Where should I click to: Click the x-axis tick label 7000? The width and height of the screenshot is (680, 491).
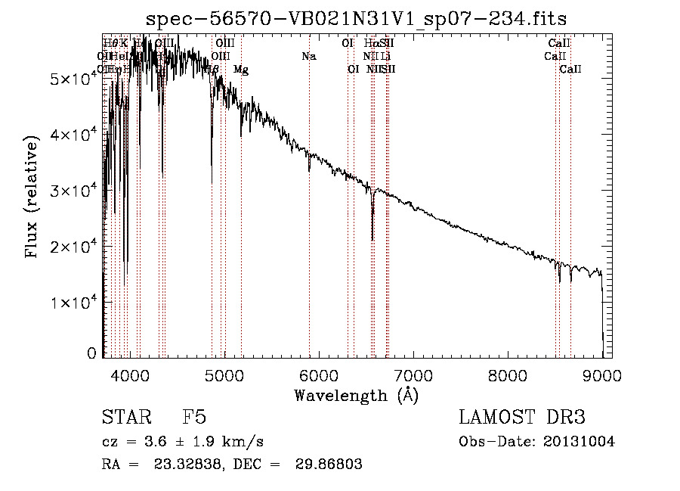tap(413, 376)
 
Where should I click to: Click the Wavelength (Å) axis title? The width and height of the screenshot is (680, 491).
tap(356, 395)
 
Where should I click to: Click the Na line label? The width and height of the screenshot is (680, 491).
tap(308, 57)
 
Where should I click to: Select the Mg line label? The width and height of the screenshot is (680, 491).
tap(240, 70)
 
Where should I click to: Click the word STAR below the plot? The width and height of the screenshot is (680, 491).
tap(125, 418)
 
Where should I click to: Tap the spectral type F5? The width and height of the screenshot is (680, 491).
tap(195, 418)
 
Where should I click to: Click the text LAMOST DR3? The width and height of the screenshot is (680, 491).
tap(522, 418)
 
